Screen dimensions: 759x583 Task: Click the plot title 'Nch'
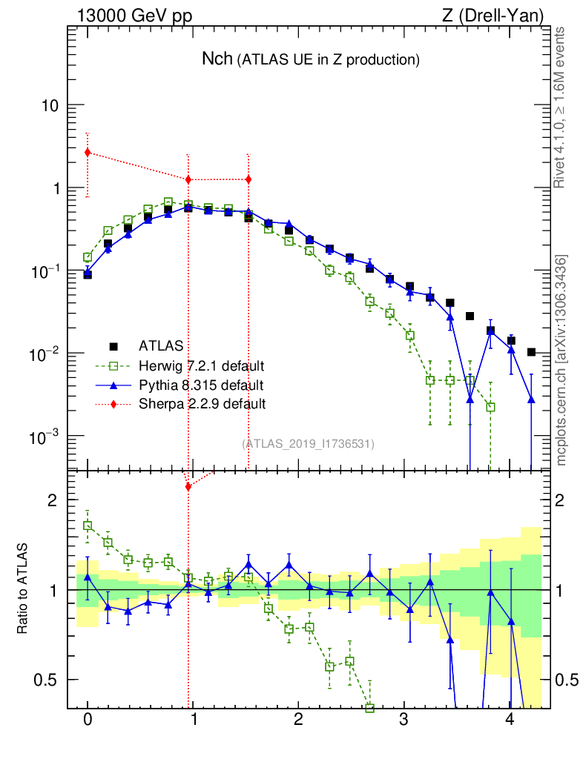pyautogui.click(x=217, y=59)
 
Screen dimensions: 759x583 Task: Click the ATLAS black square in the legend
pyautogui.click(x=113, y=346)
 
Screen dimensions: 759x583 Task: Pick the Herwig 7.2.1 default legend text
pyautogui.click(x=202, y=366)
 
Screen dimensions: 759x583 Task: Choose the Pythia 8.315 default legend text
pyautogui.click(x=200, y=385)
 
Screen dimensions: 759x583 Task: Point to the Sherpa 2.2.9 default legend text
pyautogui.click(x=202, y=404)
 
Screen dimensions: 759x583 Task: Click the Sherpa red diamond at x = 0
pyautogui.click(x=88, y=153)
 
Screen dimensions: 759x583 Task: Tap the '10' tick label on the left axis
pyautogui.click(x=50, y=106)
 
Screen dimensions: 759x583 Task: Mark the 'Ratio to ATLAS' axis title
pyautogui.click(x=25, y=589)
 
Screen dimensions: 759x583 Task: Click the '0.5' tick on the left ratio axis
pyautogui.click(x=46, y=680)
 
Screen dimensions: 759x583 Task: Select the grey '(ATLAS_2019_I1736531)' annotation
pyautogui.click(x=308, y=444)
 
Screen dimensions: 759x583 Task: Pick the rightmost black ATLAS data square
pyautogui.click(x=531, y=352)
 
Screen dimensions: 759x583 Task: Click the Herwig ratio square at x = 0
pyautogui.click(x=88, y=526)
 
